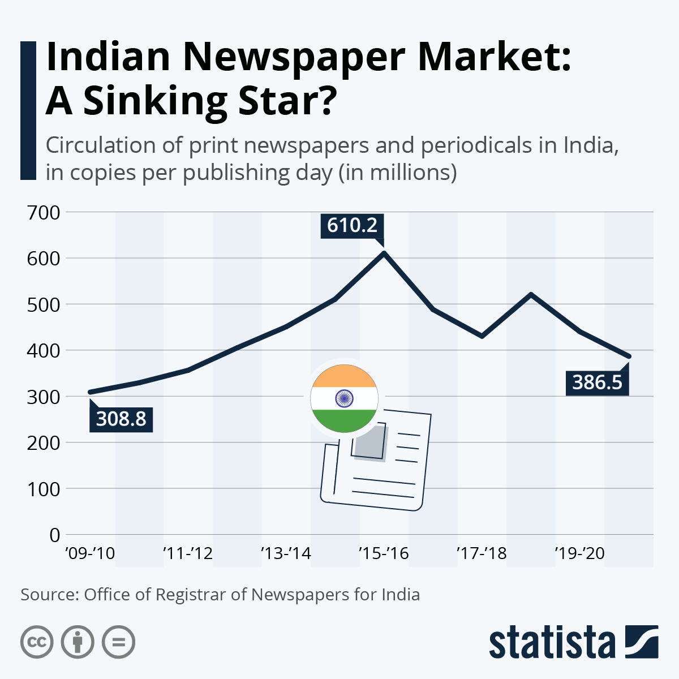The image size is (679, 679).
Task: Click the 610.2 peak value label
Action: pyautogui.click(x=352, y=225)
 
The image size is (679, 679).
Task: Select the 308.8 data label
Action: pyautogui.click(x=121, y=419)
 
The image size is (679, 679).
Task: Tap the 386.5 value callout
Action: pyautogui.click(x=597, y=383)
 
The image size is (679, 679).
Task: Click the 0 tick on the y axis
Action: pyautogui.click(x=54, y=535)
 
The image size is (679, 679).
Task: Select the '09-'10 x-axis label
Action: pyautogui.click(x=90, y=553)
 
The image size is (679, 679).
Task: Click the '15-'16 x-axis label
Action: pyautogui.click(x=384, y=553)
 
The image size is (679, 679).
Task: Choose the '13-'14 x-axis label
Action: pyautogui.click(x=286, y=553)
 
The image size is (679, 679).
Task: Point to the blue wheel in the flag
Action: pyautogui.click(x=344, y=399)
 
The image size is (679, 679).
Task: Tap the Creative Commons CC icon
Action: pyautogui.click(x=37, y=642)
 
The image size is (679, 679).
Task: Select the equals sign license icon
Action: pyautogui.click(x=118, y=642)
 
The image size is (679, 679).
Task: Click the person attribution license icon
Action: pyautogui.click(x=78, y=642)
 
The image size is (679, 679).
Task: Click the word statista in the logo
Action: pyautogui.click(x=552, y=643)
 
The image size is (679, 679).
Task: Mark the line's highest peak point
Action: pyautogui.click(x=384, y=252)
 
